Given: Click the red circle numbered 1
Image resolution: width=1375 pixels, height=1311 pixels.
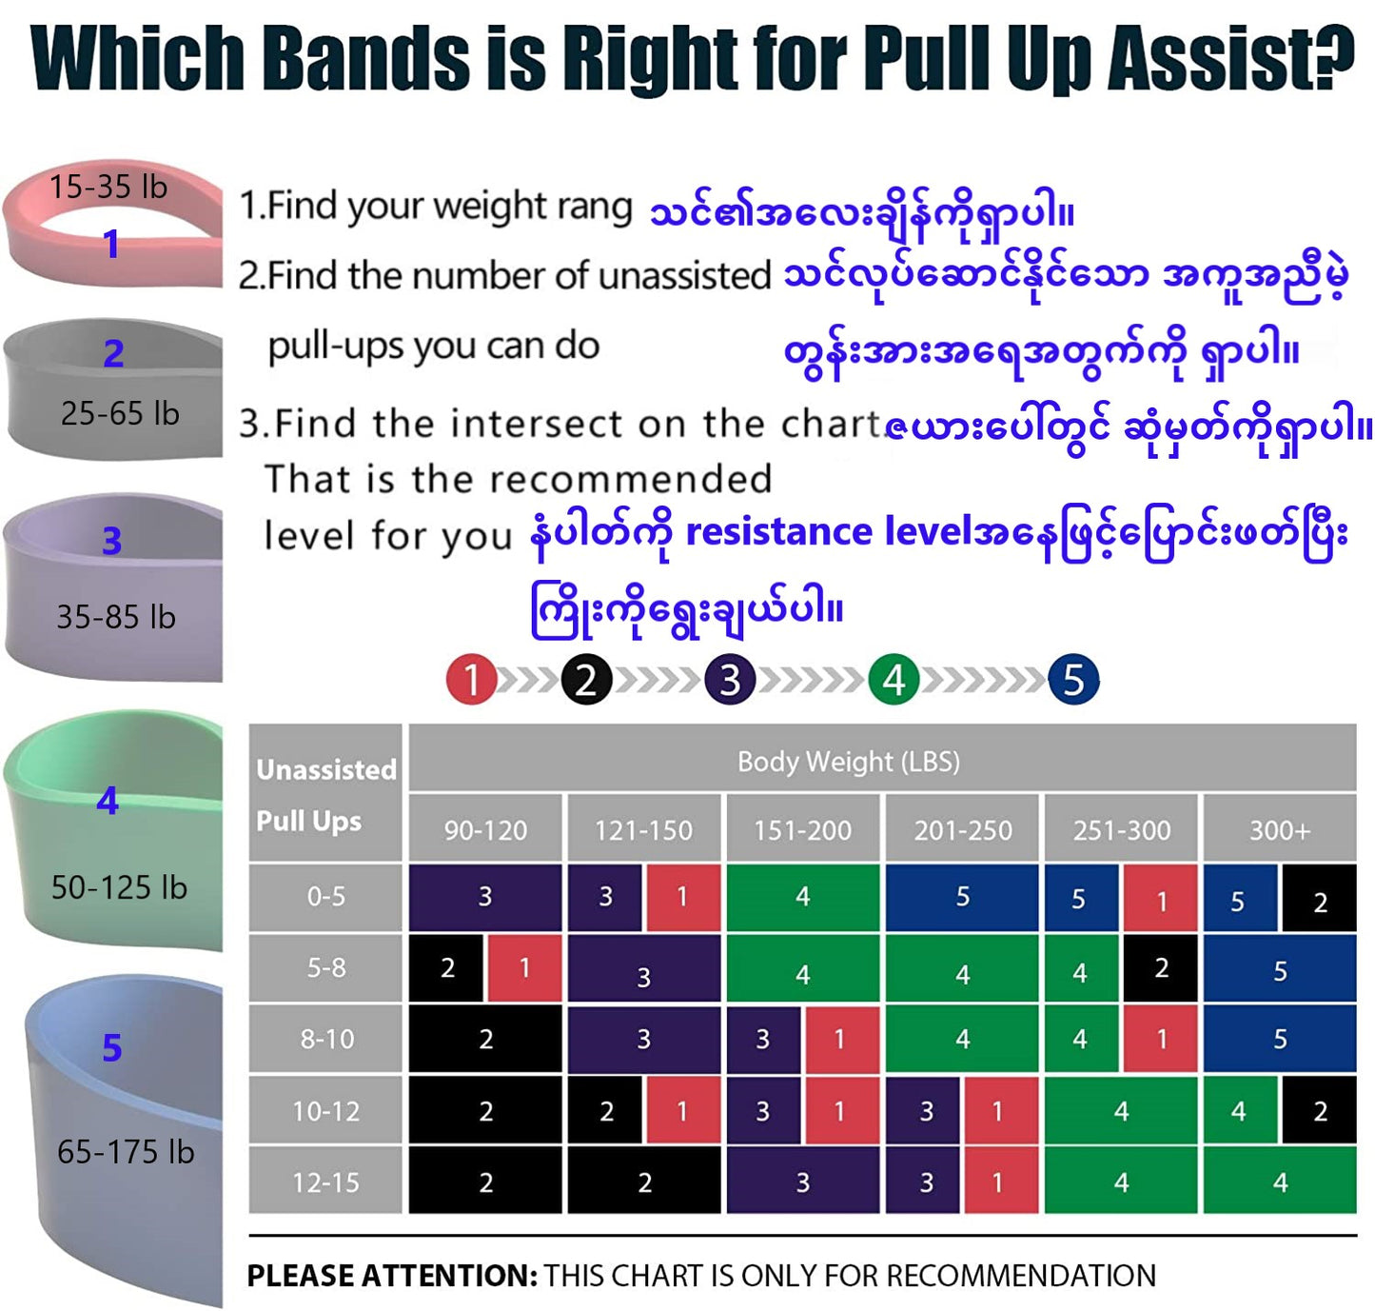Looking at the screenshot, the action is tap(471, 679).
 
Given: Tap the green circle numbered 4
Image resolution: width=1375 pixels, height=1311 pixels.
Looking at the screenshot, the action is tap(894, 679).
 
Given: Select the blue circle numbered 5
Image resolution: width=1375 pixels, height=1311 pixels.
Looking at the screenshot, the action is tap(1072, 679).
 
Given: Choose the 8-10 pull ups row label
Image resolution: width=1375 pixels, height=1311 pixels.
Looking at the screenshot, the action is tap(326, 1038).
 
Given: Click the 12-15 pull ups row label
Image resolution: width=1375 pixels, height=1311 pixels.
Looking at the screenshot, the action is tap(326, 1182).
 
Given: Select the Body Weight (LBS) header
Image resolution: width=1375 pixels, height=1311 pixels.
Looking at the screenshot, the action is tap(848, 761).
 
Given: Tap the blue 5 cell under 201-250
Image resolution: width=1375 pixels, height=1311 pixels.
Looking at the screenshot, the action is tap(962, 897).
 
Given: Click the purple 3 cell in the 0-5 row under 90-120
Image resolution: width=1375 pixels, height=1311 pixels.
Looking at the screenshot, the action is tap(484, 897).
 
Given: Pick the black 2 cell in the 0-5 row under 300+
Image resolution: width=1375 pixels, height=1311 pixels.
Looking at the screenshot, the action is tap(1318, 898).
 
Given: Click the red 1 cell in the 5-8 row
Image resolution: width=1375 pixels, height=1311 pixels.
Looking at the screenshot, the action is tap(524, 967).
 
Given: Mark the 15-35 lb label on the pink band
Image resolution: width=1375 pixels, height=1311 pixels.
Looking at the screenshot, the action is tap(108, 187).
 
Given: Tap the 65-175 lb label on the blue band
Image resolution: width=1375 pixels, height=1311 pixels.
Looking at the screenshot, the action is tap(126, 1151).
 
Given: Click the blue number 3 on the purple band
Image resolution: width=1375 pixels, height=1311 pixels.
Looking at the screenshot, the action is tap(112, 541).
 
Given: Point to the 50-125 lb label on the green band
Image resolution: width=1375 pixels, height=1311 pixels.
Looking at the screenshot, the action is tap(119, 886).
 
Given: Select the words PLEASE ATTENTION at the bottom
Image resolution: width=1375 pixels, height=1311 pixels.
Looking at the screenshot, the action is tap(392, 1276).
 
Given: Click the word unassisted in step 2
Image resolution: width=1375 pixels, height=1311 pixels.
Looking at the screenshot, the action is tap(684, 275).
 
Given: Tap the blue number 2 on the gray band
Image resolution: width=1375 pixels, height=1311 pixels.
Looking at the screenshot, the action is tap(113, 353).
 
